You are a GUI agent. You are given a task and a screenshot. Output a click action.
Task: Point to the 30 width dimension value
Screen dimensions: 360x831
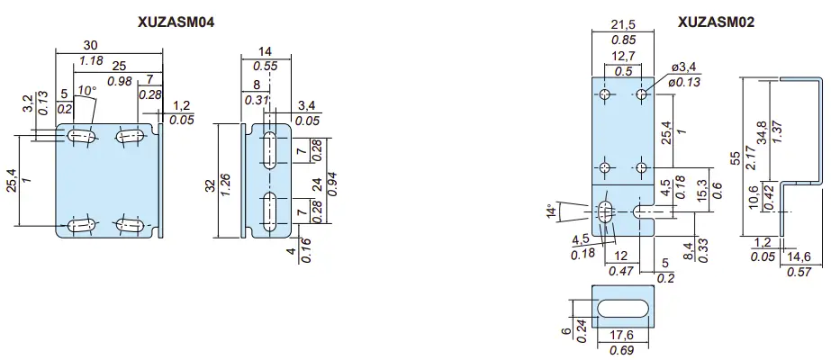91,44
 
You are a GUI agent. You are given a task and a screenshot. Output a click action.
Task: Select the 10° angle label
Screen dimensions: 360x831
86,90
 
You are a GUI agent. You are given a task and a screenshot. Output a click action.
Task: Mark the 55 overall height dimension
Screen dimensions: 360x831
736,157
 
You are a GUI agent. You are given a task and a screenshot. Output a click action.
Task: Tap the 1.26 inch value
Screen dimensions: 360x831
226,185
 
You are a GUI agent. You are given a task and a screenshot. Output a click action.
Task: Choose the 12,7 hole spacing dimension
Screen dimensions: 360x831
621,57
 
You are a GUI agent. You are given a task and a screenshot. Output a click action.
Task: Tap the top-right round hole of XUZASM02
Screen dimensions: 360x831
642,94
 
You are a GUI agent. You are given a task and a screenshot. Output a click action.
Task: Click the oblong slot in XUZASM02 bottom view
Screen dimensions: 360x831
620,306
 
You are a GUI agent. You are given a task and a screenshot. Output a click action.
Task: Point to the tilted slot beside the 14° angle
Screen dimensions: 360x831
604,212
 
